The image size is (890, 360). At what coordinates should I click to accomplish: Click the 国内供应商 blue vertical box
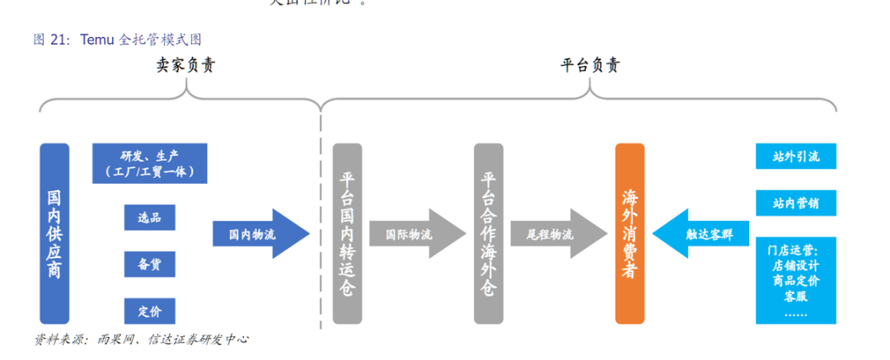click(x=54, y=233)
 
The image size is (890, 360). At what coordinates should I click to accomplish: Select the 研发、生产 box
click(x=149, y=163)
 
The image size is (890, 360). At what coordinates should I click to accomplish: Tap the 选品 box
click(x=149, y=217)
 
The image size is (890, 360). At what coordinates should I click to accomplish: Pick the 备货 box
click(x=149, y=264)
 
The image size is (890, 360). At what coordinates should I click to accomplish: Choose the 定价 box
click(x=149, y=311)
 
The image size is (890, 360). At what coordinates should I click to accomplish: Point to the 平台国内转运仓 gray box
click(x=347, y=233)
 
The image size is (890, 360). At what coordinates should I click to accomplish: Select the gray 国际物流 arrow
click(x=415, y=234)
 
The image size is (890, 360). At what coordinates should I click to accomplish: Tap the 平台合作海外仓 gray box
click(x=489, y=233)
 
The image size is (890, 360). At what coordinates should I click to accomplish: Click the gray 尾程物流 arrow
click(x=556, y=234)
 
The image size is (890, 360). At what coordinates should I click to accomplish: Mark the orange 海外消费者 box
click(x=630, y=233)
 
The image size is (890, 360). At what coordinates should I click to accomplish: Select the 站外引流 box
click(x=795, y=156)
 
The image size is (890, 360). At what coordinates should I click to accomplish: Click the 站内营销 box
click(x=795, y=203)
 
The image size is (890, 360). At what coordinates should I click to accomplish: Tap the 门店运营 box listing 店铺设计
click(x=795, y=279)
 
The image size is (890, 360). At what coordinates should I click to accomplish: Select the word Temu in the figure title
click(x=97, y=39)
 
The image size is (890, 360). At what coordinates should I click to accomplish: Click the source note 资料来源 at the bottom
click(x=62, y=339)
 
